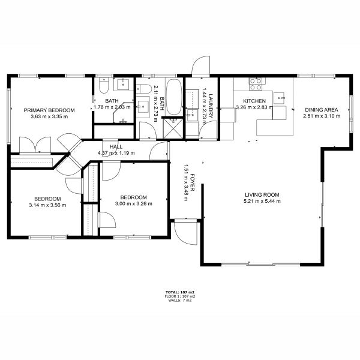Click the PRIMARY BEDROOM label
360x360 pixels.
point(49,110)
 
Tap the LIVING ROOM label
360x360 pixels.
point(262,195)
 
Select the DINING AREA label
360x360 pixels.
point(322,110)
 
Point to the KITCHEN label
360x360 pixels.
point(254,101)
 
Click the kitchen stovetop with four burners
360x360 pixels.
point(256,84)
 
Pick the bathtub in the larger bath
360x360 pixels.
point(173,97)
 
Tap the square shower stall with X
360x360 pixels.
point(173,128)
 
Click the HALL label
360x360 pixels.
point(116,147)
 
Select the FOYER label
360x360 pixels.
point(192,182)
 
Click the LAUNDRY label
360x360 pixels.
point(211,106)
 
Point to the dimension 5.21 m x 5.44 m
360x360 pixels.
point(262,201)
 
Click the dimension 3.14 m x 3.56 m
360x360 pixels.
point(47,205)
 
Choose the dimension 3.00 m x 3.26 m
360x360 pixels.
point(133,203)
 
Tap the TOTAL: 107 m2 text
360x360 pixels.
point(180,292)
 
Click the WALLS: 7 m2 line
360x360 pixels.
point(180,301)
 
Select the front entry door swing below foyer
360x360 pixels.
point(185,232)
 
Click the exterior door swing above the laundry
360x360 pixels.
point(200,65)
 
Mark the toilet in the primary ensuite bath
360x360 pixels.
point(104,86)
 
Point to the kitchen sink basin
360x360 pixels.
point(279,98)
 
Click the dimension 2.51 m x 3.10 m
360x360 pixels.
point(322,116)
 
